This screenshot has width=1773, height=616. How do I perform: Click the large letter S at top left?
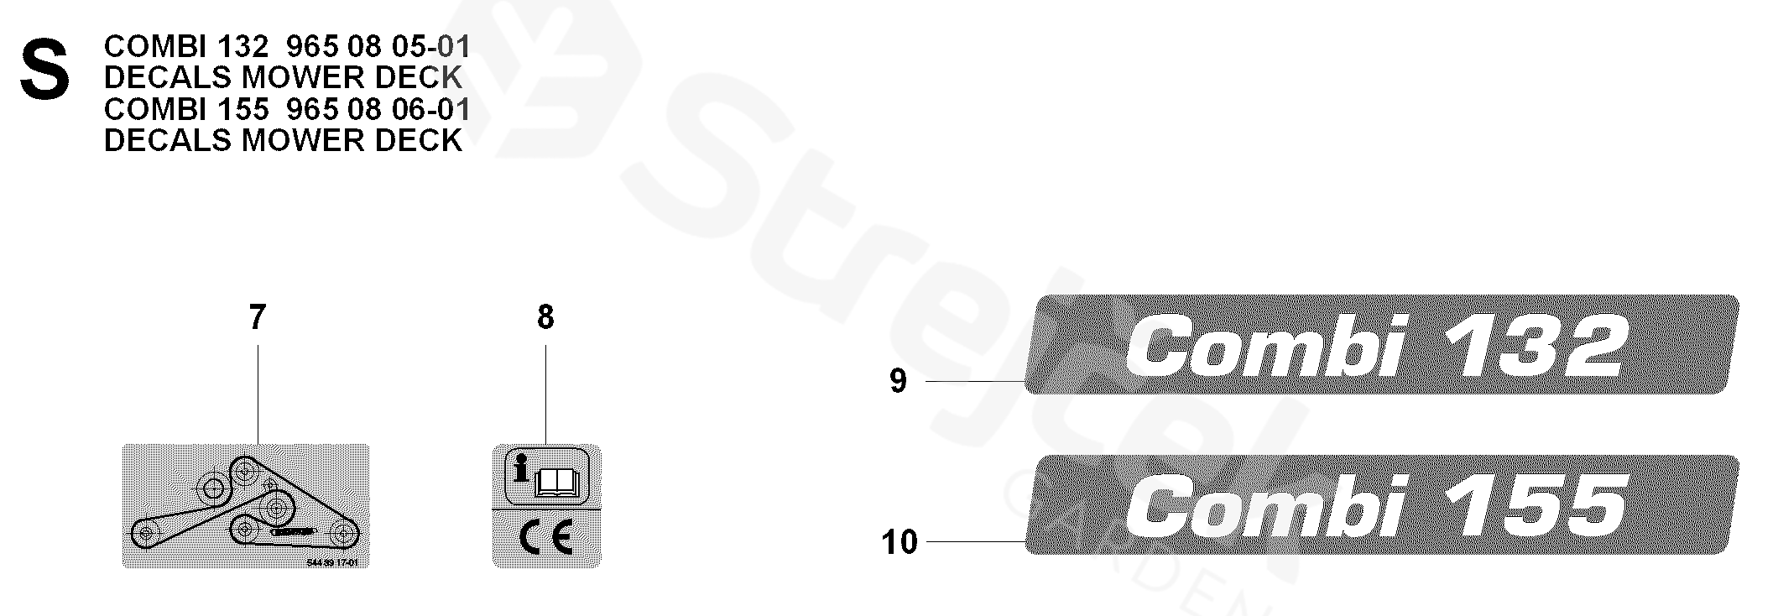[x=44, y=74]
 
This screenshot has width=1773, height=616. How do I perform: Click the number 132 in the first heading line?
[x=243, y=47]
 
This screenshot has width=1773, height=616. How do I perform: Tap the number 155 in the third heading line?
[x=243, y=110]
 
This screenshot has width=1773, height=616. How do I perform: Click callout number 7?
[x=257, y=317]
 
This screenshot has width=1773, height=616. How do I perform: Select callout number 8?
[x=545, y=317]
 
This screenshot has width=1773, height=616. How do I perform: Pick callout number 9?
[x=898, y=381]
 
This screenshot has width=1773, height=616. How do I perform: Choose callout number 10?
[x=900, y=542]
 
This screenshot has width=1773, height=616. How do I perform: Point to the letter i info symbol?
[x=521, y=470]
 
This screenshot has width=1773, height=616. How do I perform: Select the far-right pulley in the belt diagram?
[x=342, y=531]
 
